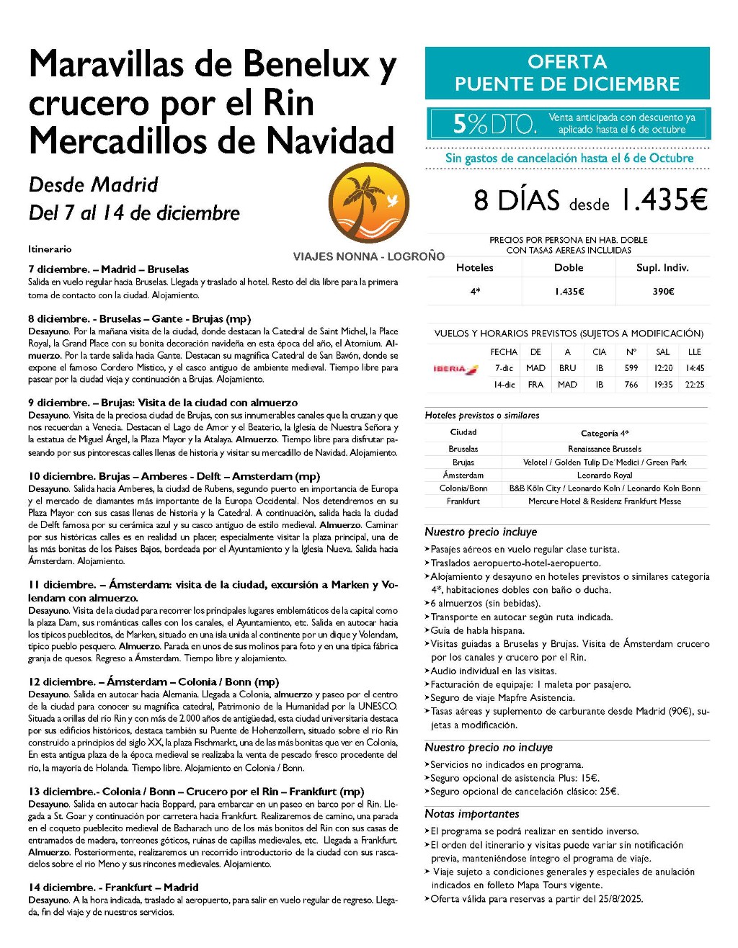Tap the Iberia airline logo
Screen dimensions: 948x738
[455, 369]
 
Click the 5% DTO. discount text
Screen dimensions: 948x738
[494, 124]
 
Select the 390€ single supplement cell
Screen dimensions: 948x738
[662, 291]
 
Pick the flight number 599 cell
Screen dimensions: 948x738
[631, 368]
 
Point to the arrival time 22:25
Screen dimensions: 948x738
[695, 385]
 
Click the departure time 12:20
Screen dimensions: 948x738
[663, 368]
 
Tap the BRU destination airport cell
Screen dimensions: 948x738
[567, 368]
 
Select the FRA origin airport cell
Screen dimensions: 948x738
[535, 385]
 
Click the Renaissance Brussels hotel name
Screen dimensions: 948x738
[605, 449]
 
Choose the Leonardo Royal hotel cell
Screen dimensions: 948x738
[605, 475]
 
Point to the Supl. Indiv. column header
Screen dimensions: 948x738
[662, 267]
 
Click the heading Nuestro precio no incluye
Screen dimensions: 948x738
[489, 747]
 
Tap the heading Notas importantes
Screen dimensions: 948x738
[472, 813]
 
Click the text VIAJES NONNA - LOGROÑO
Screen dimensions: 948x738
[369, 256]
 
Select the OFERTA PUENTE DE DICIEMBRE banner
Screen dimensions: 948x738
[567, 73]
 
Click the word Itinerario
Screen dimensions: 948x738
[50, 249]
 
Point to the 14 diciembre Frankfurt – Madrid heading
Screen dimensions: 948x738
[113, 887]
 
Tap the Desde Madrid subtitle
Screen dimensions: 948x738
[94, 185]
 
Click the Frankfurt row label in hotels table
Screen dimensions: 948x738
[463, 501]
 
